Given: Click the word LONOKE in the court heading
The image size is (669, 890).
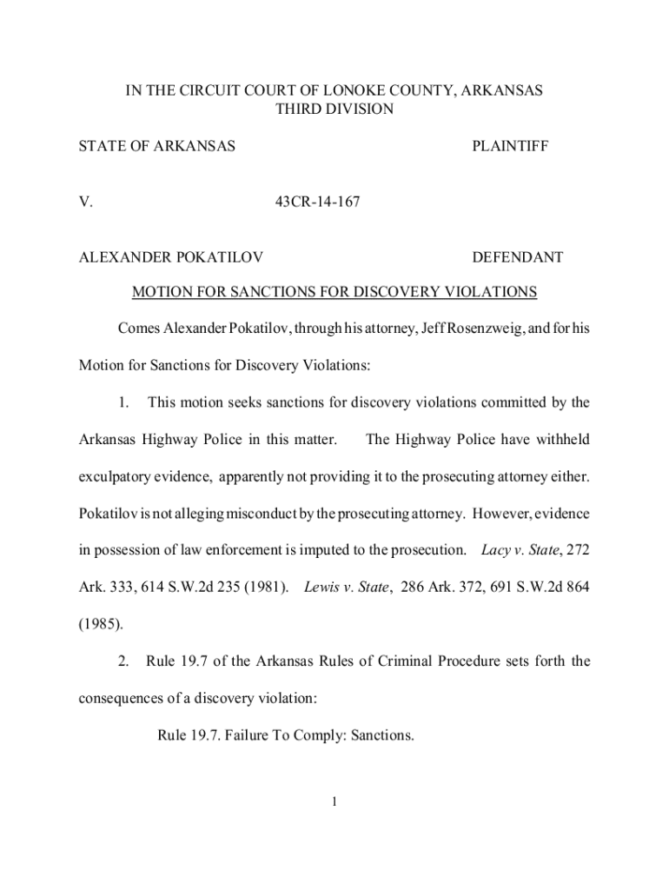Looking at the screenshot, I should pos(354,90).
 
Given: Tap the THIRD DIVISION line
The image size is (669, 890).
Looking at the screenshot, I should pos(334,110).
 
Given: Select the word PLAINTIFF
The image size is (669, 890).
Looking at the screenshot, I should pos(510,147).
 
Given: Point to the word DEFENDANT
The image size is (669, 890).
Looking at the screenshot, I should pos(517,257).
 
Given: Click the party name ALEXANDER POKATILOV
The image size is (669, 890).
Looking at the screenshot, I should pos(172,257).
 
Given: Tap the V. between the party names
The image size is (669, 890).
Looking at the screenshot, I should pos(86,203).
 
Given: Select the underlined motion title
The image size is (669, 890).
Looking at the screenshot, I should pos(334,292).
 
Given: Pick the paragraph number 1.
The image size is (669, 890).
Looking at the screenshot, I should pos(124,402).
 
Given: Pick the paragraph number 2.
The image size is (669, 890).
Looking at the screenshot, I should pos(123,661).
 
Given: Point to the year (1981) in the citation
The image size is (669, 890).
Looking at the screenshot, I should pos(266,588).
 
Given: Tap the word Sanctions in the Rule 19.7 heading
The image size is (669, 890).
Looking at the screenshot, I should pos(383,735).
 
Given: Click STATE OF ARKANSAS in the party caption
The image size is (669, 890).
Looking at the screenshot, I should pos(157,147).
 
